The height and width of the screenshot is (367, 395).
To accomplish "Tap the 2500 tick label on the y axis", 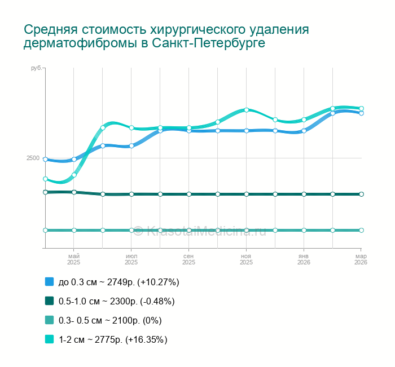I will click(33, 158).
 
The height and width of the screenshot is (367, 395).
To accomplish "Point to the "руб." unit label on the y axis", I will click(35, 68).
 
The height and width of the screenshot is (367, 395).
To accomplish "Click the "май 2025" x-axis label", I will click(74, 259).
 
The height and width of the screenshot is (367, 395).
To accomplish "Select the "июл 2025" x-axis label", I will click(131, 259).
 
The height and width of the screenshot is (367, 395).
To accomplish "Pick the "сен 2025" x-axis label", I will click(188, 259).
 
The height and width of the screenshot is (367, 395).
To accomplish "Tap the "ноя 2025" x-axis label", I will click(246, 259).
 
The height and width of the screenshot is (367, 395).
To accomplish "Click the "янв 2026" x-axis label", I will click(304, 259).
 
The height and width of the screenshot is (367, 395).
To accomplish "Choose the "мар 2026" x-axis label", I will click(361, 259).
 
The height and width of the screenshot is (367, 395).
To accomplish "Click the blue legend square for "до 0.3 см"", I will click(49, 281).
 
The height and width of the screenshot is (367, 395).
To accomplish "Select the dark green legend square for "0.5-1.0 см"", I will click(49, 301).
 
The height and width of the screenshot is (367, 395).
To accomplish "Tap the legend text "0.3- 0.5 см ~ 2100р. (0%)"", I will click(110, 320).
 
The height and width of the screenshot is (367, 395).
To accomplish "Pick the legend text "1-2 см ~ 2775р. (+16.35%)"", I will click(113, 339).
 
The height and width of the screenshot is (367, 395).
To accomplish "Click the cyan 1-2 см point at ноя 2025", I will click(247, 110).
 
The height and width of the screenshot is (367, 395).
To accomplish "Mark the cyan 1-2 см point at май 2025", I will click(74, 175).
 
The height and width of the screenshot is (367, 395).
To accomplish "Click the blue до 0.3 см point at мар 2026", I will click(361, 113).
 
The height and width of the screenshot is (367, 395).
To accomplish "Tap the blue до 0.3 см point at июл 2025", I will click(131, 146).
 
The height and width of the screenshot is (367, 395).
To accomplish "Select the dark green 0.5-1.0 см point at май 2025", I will click(74, 192).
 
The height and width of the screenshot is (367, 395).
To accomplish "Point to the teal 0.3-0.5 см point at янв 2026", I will click(304, 230).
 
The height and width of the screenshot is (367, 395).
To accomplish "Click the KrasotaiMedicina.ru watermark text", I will click(206, 231).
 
